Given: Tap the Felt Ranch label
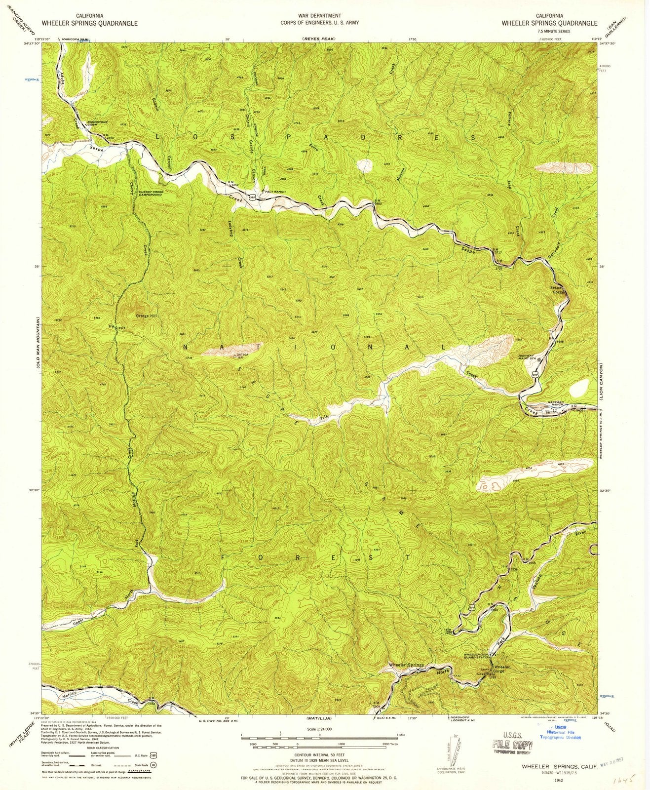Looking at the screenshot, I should point(275,192).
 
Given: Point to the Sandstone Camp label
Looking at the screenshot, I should point(98,123).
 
